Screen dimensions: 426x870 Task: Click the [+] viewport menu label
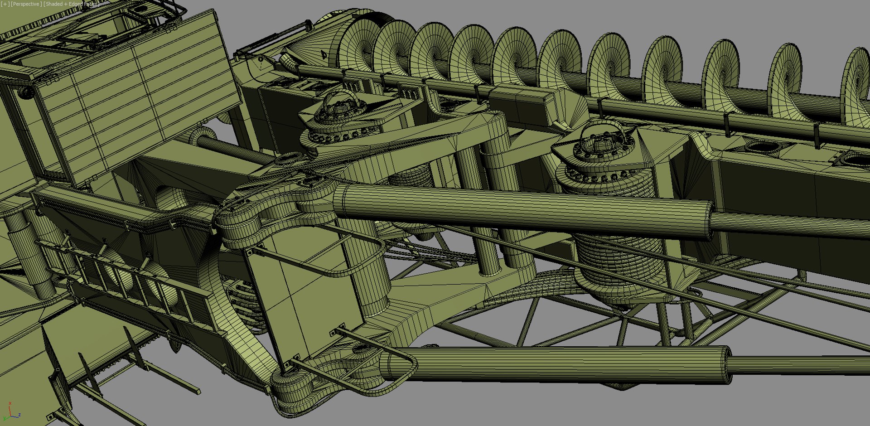(x=5, y=4)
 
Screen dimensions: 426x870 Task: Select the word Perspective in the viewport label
(x=26, y=4)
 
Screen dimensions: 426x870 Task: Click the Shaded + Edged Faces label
(x=71, y=4)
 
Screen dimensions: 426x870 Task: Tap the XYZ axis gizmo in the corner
(x=12, y=411)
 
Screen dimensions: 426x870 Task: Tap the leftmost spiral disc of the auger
(x=358, y=45)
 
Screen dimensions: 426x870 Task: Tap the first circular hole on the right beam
(x=766, y=146)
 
